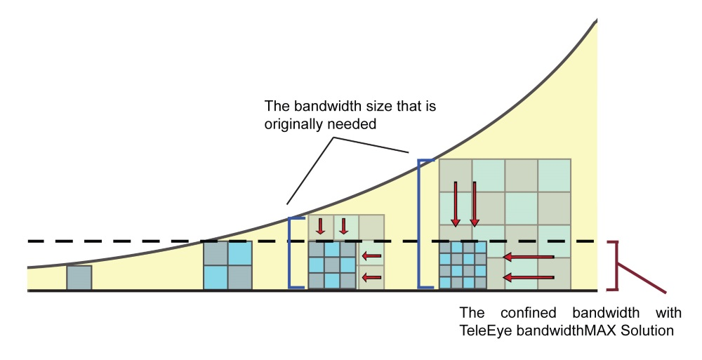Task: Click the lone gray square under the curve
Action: click(x=79, y=277)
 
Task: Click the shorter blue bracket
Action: click(x=291, y=253)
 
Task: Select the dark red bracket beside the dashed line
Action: click(x=618, y=265)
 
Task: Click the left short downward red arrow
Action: click(x=321, y=226)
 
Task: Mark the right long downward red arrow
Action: click(x=475, y=204)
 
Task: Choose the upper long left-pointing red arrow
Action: click(x=529, y=258)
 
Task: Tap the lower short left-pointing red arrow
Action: click(x=371, y=278)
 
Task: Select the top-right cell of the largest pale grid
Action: click(x=555, y=174)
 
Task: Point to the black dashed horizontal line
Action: click(x=140, y=241)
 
